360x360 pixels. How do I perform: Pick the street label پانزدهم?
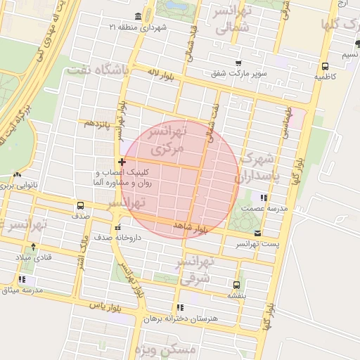point(98,123)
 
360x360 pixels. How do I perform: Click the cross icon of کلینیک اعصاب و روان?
point(122,162)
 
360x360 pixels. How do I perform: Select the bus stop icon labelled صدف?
point(80,207)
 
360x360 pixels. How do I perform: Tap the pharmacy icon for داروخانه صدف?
point(118,227)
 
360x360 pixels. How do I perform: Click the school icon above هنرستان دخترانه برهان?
point(181,307)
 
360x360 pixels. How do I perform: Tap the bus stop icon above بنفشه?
point(236,285)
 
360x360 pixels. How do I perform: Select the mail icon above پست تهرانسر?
point(258,233)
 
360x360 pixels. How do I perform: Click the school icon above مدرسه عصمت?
point(264,198)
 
